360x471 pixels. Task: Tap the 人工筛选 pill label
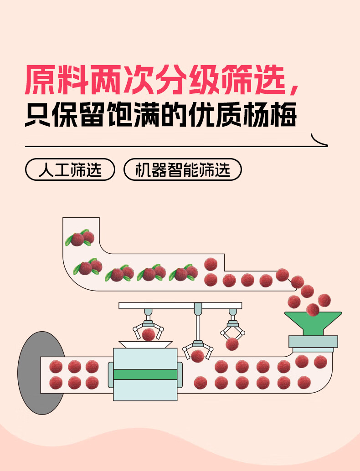(70, 169)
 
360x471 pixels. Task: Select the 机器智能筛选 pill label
(182, 169)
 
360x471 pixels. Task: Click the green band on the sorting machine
(145, 374)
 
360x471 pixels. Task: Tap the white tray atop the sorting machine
(145, 345)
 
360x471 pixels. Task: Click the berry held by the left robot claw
(148, 335)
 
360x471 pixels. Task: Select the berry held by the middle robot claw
(197, 356)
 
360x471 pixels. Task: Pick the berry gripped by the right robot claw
(232, 343)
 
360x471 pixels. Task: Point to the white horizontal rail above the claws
(180, 305)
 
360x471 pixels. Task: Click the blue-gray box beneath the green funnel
(313, 341)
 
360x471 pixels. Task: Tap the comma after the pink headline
(294, 87)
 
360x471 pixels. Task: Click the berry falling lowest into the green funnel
(313, 310)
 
